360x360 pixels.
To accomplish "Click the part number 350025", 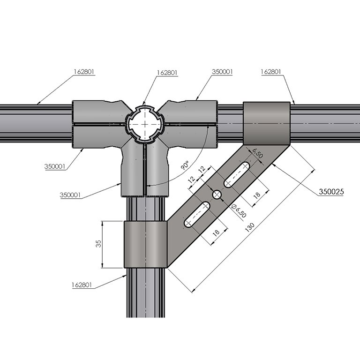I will [x=331, y=192].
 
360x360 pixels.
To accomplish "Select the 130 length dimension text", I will [x=250, y=226].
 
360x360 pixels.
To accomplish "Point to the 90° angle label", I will [x=185, y=165].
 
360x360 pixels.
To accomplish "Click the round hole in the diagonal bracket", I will [x=217, y=194].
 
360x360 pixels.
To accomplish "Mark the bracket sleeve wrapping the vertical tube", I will [x=145, y=244].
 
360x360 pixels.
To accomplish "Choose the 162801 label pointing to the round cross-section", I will [x=167, y=72].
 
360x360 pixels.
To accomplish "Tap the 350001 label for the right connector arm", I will [x=222, y=72].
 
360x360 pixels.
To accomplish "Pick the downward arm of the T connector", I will [x=145, y=171].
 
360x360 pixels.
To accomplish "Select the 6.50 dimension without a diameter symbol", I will [x=257, y=153].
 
